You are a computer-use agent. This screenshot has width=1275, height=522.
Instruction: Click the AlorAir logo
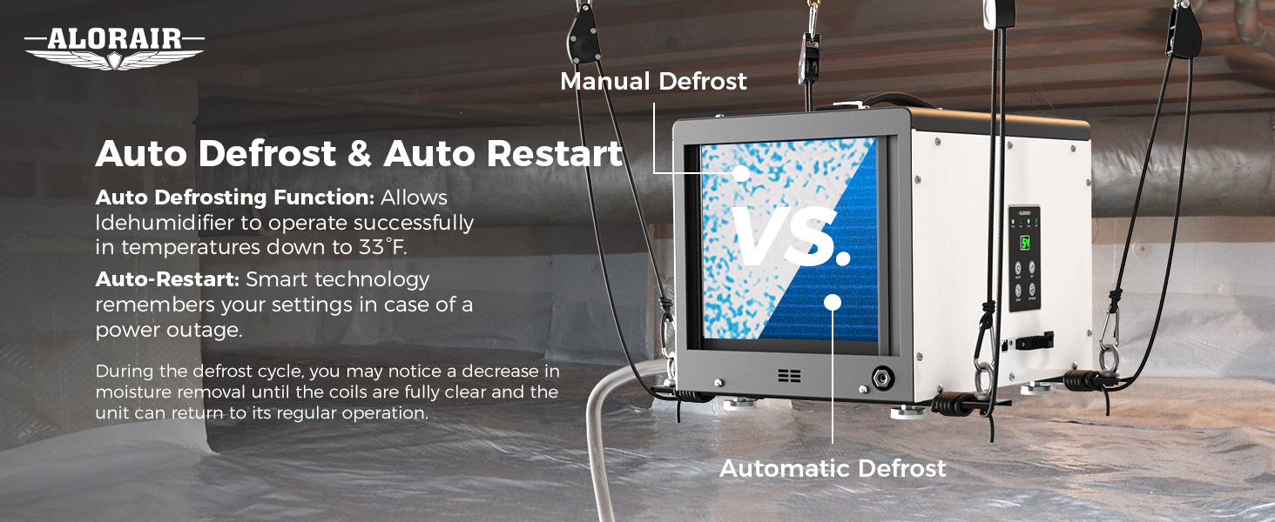click(114, 49)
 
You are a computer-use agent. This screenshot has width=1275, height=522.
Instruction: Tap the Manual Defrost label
click(653, 81)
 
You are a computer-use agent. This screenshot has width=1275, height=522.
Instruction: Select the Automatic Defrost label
click(833, 469)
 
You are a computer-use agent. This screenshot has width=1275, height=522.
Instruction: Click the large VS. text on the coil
click(790, 236)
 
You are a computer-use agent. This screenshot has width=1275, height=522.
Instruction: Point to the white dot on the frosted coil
click(740, 173)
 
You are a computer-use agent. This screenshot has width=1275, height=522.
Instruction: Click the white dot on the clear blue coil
click(833, 303)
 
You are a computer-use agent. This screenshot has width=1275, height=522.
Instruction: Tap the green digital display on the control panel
click(1025, 244)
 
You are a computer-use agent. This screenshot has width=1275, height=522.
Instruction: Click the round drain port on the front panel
click(882, 378)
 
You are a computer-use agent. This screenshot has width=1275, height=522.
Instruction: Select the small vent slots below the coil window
click(789, 375)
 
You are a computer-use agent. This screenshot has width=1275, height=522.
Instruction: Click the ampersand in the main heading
click(360, 154)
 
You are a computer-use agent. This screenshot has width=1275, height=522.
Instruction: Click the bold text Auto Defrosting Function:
click(235, 197)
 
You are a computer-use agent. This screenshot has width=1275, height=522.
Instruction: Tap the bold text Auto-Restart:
click(167, 279)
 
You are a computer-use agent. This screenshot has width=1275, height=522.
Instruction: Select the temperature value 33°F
click(382, 247)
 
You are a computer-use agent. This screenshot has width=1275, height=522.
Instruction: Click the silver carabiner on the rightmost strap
click(1109, 338)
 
